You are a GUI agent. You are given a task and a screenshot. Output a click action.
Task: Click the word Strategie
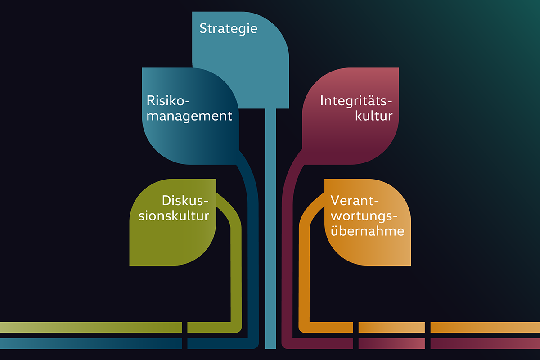(228, 29)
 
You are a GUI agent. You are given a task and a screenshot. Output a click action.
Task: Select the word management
(189, 116)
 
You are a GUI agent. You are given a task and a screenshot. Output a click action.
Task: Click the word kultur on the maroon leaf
(374, 116)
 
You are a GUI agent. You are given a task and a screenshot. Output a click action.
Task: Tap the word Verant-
(355, 199)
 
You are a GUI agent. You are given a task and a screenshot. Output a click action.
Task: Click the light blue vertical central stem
(270, 225)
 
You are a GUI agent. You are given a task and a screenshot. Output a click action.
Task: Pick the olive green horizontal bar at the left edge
(90, 327)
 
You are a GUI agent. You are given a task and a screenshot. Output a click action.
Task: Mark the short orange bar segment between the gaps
(391, 327)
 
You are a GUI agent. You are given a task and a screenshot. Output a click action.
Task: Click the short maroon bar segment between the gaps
(391, 343)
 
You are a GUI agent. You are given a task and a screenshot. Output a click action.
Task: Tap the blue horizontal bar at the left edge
(90, 343)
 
